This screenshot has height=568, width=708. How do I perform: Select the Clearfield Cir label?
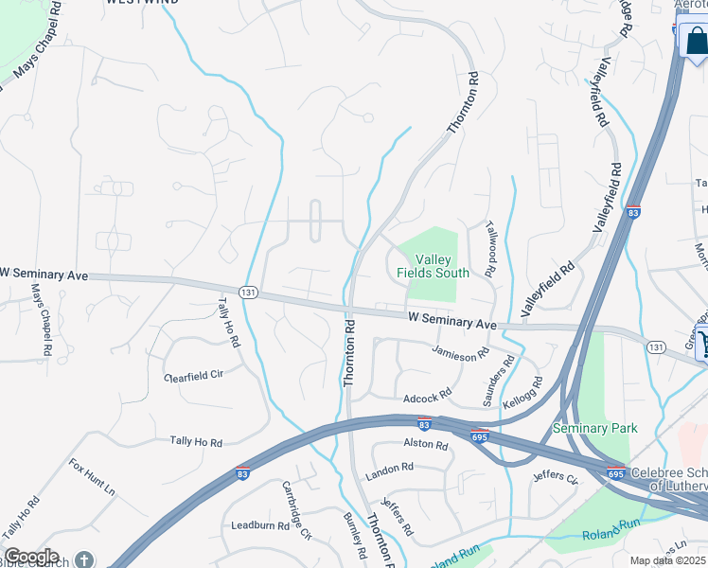click(x=194, y=375)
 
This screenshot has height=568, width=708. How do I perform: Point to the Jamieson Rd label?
click(x=460, y=352)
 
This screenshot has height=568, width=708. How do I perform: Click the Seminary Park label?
click(x=595, y=428)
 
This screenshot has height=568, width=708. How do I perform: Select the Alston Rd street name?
click(x=424, y=442)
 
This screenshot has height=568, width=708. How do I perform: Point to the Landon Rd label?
click(x=390, y=468)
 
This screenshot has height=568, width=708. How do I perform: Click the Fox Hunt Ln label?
click(x=91, y=478)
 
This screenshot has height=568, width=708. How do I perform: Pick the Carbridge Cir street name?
click(x=296, y=508)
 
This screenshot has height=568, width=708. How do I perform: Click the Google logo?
click(x=32, y=557)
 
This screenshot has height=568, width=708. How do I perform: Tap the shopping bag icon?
click(x=695, y=42)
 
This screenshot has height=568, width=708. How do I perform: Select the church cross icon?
click(x=85, y=559)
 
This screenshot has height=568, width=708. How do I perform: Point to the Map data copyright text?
click(x=667, y=560)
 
